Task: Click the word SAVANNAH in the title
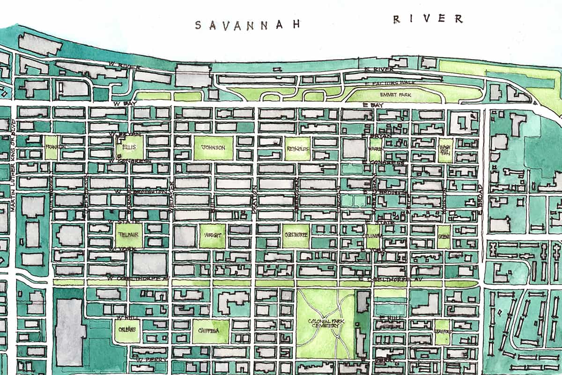[247, 24]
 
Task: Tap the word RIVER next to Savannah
[428, 19]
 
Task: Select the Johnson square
[213, 147]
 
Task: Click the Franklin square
[52, 147]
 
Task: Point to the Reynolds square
[297, 148]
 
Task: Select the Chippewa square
[210, 330]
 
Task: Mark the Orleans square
[127, 330]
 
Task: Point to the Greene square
[444, 237]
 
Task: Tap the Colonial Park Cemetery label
[326, 323]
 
